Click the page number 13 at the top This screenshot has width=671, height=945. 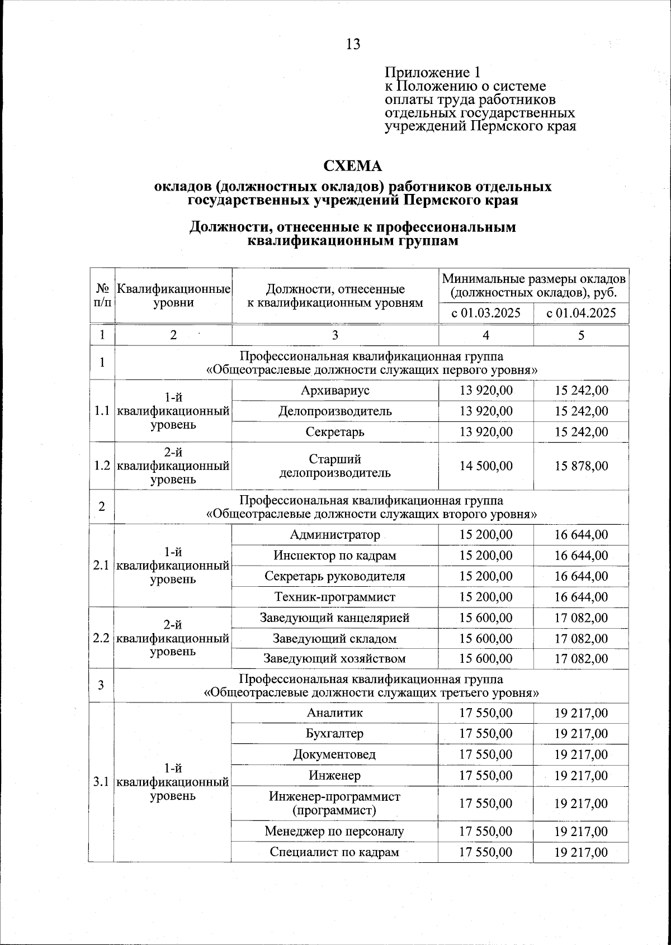pyautogui.click(x=353, y=44)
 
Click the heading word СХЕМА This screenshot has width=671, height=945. pyautogui.click(x=353, y=166)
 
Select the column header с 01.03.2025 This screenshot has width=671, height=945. pyautogui.click(x=486, y=313)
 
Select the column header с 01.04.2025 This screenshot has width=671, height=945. pyautogui.click(x=582, y=313)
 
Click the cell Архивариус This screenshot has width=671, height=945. pyautogui.click(x=335, y=390)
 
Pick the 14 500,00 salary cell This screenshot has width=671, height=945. pyautogui.click(x=486, y=466)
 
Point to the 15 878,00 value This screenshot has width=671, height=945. pyautogui.click(x=582, y=466)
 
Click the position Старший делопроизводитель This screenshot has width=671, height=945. pyautogui.click(x=335, y=466)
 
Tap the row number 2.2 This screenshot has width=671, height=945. pyautogui.click(x=101, y=638)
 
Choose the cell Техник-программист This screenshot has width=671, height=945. pyautogui.click(x=335, y=597)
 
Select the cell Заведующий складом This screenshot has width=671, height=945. pyautogui.click(x=335, y=638)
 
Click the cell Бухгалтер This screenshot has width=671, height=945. pyautogui.click(x=335, y=733)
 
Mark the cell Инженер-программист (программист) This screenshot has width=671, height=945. pyautogui.click(x=335, y=803)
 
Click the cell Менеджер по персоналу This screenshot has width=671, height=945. pyautogui.click(x=335, y=831)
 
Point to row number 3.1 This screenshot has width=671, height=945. pyautogui.click(x=101, y=782)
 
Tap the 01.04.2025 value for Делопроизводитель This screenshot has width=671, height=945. pyautogui.click(x=582, y=411)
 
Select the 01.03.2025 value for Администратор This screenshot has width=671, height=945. pyautogui.click(x=486, y=535)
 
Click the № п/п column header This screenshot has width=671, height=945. pyautogui.click(x=102, y=295)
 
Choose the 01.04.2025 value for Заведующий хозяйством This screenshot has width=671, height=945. pyautogui.click(x=582, y=658)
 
